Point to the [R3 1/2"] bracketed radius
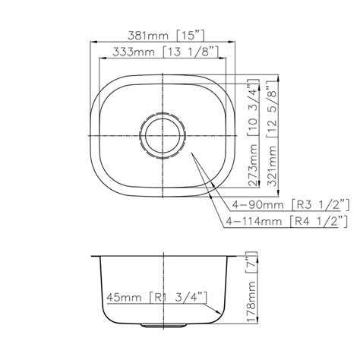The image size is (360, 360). pos(322,204)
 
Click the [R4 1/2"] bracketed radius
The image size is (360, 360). pos(322,222)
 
